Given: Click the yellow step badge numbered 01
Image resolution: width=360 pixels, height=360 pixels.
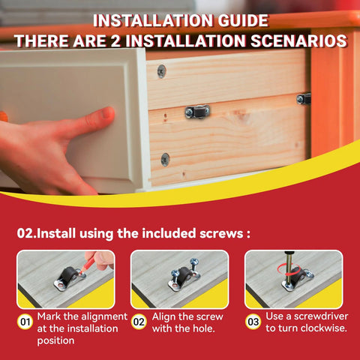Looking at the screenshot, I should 25,323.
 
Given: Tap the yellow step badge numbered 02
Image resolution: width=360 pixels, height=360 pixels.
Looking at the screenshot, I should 139,323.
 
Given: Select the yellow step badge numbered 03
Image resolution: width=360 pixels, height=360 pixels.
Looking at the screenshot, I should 253,323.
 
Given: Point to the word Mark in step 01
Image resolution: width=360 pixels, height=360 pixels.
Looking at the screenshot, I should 49,316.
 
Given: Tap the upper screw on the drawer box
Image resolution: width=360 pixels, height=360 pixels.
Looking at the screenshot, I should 161,70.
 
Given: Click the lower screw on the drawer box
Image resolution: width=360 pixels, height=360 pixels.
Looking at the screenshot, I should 165,159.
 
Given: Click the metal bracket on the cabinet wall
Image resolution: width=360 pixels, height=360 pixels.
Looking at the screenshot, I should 304,98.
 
